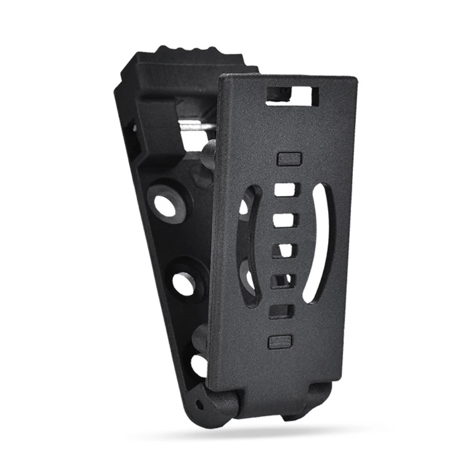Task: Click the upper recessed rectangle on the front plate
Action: pos(288,159)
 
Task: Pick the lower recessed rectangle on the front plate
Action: pos(279,342)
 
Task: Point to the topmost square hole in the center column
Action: pos(285,190)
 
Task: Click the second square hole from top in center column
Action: pos(284,220)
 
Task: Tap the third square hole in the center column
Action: pos(283,250)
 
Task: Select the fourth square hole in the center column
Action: pos(282,281)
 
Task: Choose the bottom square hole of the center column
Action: pos(281,311)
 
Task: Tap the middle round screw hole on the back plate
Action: pos(184,283)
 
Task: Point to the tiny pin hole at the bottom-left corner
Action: pos(201,404)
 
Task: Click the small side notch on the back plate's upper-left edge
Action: pos(134,126)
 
